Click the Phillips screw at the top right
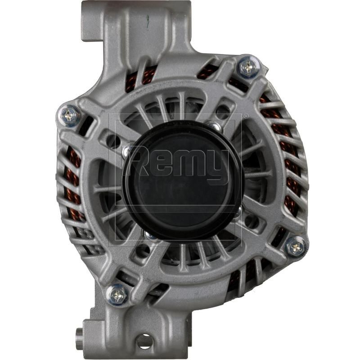[247, 67]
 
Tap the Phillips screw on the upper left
[71, 115]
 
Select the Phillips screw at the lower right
[296, 246]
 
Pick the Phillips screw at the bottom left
[118, 294]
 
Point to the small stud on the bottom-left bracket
[80, 333]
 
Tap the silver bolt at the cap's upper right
[215, 126]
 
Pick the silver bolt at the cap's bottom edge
[150, 234]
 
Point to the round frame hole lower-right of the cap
[252, 221]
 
